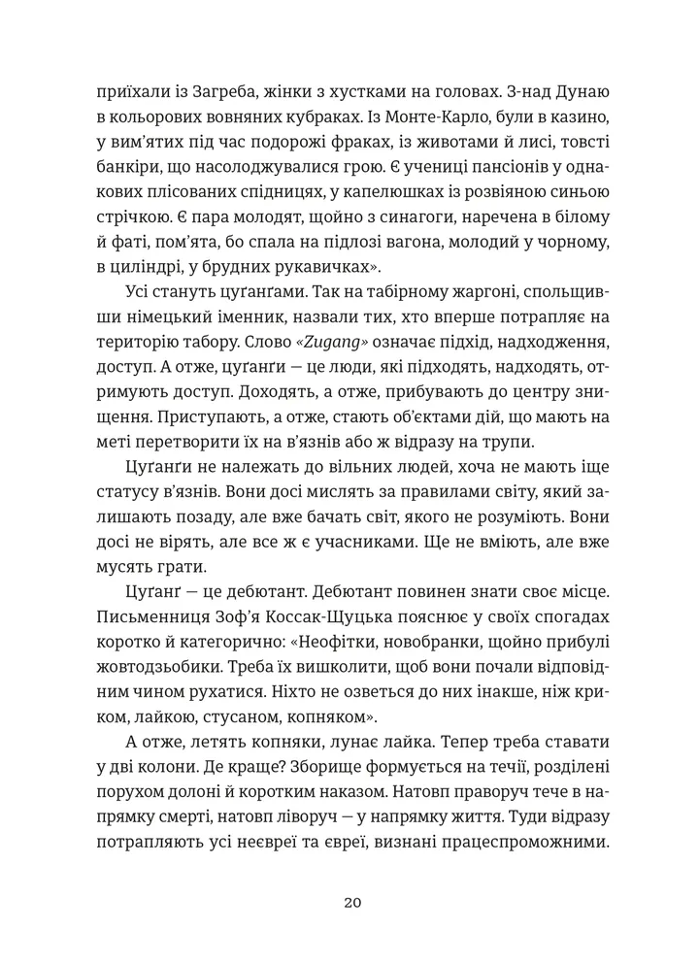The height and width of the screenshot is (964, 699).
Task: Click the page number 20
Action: point(352,902)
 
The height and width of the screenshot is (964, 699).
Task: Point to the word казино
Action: point(582,117)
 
